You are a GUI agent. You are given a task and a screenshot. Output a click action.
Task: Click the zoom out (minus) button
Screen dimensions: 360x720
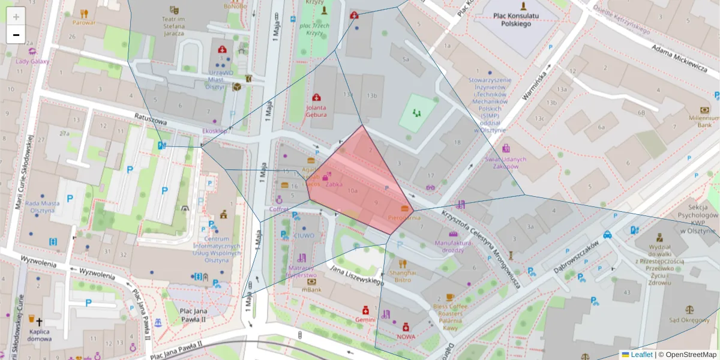16,35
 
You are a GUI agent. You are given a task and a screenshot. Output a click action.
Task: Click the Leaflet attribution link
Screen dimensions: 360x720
641,355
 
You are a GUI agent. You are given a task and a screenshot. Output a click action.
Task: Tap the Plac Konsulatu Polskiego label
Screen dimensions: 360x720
511,19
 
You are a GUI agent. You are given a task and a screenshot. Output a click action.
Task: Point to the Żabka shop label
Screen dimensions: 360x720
334,185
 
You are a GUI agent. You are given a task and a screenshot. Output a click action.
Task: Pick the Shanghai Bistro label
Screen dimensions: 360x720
402,275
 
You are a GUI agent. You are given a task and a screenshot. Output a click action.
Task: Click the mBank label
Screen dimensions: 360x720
311,290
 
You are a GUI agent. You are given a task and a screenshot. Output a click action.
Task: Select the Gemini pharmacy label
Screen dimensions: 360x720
365,320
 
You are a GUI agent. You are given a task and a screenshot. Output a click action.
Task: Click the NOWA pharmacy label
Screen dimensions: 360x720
406,337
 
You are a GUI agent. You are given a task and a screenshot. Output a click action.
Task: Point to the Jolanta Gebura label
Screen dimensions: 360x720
316,110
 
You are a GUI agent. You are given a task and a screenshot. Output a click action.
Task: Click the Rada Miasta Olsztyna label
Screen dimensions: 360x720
42,207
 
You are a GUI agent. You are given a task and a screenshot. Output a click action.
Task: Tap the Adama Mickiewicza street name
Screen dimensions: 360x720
679,58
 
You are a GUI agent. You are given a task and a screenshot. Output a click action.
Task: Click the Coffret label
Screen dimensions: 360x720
279,209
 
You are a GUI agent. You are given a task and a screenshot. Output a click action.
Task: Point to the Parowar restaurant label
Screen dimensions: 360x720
84,23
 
